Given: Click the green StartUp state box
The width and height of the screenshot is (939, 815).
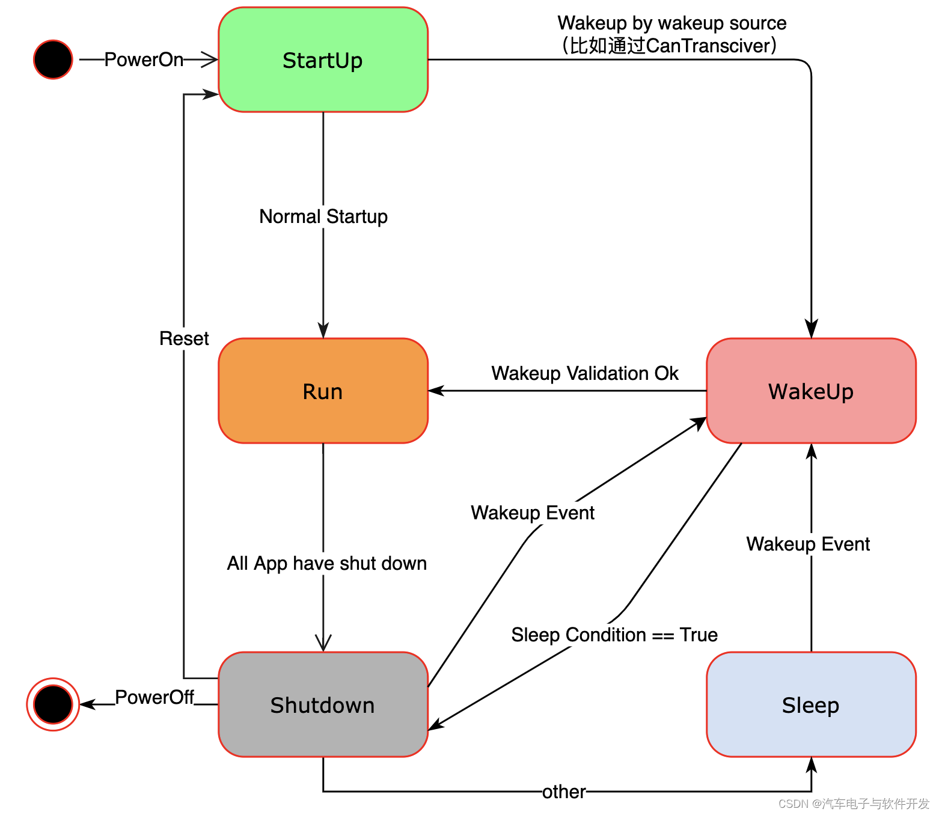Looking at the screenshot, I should point(323,60).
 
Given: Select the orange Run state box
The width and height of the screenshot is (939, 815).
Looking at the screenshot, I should point(323,391).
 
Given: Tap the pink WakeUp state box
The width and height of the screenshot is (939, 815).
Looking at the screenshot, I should point(810,391).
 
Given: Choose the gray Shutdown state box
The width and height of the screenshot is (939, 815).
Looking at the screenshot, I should point(323,705).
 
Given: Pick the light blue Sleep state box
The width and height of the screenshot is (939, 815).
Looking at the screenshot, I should point(810,705).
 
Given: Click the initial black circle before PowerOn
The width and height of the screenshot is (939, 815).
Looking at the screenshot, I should point(53,60).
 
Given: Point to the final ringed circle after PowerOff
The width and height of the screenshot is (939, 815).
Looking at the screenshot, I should point(53,704).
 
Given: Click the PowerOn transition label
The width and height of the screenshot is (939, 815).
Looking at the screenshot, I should point(144,60).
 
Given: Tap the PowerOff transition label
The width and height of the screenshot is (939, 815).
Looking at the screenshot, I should point(154,697).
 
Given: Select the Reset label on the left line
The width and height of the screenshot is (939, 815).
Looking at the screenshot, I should point(184,338).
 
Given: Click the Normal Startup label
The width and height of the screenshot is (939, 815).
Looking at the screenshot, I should point(323,216).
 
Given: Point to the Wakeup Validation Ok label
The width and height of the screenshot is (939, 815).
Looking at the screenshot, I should point(584,373).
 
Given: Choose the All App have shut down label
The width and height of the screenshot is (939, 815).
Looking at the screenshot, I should point(326,563).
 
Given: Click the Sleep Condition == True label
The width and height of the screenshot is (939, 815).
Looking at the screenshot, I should point(614,635).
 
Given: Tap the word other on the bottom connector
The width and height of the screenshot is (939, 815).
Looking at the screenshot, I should point(563,792).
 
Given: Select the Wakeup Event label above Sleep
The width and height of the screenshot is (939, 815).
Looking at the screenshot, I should point(807,544).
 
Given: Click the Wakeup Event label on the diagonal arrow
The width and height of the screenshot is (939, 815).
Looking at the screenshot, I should point(532,513).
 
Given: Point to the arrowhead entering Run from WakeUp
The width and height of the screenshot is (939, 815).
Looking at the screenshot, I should point(436,391).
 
